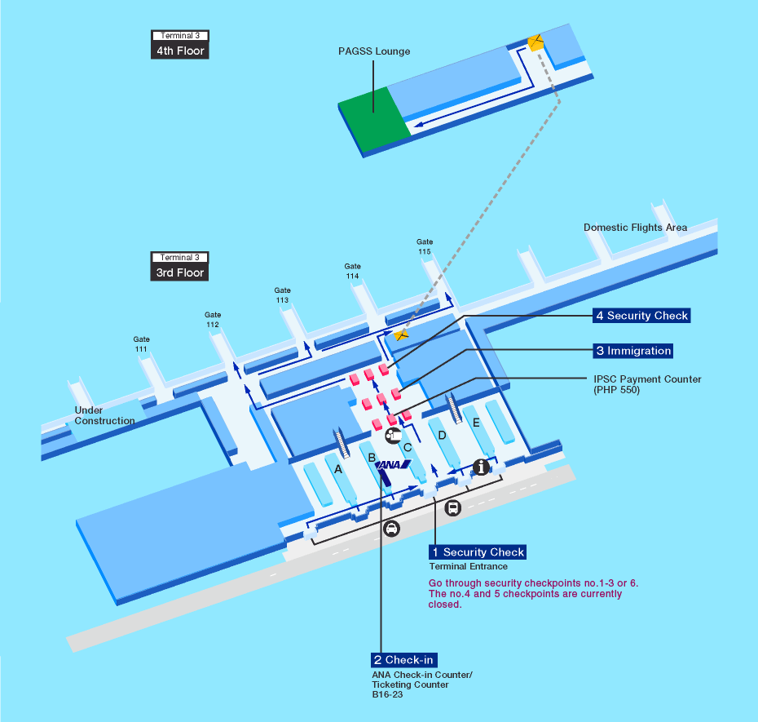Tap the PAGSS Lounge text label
[374, 51]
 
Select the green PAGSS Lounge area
[374, 120]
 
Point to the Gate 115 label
[425, 246]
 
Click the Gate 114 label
[352, 271]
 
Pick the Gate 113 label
[282, 295]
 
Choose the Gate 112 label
[213, 320]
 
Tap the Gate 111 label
[142, 344]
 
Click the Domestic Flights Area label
[635, 228]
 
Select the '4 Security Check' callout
[641, 316]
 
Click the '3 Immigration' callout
[633, 351]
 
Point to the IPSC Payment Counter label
[648, 384]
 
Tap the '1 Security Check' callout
[478, 552]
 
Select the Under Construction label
[104, 416]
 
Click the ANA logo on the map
[394, 466]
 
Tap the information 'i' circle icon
[482, 467]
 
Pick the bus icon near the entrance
[453, 507]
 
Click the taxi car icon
[392, 528]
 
